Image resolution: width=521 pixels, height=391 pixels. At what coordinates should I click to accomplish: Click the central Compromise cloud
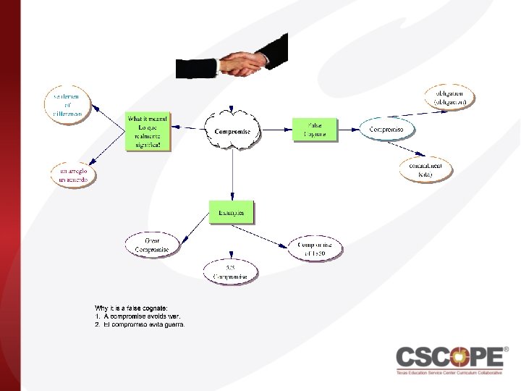(232, 131)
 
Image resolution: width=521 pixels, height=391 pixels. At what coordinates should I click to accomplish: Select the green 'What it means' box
(148, 131)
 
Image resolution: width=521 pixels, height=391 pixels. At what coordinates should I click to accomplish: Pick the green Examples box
(232, 213)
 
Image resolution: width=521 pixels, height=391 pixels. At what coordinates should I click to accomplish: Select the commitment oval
(430, 169)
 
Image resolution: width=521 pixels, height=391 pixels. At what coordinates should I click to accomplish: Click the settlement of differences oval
(67, 104)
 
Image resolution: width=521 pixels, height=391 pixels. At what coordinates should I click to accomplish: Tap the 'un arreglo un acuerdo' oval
(72, 175)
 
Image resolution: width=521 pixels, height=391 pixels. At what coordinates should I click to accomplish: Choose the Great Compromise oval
(152, 245)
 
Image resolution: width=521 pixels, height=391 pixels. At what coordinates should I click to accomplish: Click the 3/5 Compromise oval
(230, 272)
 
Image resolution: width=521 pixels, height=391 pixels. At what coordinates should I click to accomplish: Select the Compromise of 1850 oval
(315, 248)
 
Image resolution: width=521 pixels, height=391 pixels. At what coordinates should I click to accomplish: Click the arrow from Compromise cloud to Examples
(232, 174)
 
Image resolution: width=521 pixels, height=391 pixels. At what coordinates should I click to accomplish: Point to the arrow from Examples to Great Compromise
(194, 227)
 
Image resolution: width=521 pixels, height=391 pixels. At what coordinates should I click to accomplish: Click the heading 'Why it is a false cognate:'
(131, 308)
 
